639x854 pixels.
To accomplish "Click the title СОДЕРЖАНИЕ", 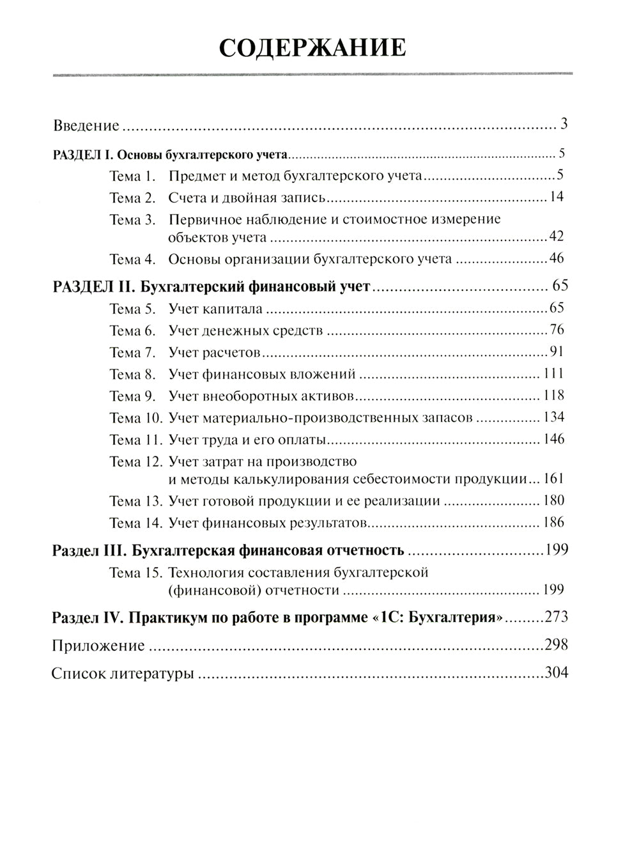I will coord(312,48).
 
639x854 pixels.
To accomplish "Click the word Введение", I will coord(86,125).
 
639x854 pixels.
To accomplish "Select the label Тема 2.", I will coord(133,198).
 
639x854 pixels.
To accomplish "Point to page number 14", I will coord(556,197).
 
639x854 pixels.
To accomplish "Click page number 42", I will coord(556,237).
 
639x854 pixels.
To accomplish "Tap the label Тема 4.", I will coord(133,259).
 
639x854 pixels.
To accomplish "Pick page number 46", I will coord(556,259).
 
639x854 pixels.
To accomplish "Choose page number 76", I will coord(556,330).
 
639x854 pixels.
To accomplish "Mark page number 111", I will coord(553,375).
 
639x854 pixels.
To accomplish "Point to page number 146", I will coord(553,440).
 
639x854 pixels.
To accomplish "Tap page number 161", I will coord(553,479).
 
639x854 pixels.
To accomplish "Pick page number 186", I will coord(553,522).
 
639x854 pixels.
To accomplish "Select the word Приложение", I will coord(98,646).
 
